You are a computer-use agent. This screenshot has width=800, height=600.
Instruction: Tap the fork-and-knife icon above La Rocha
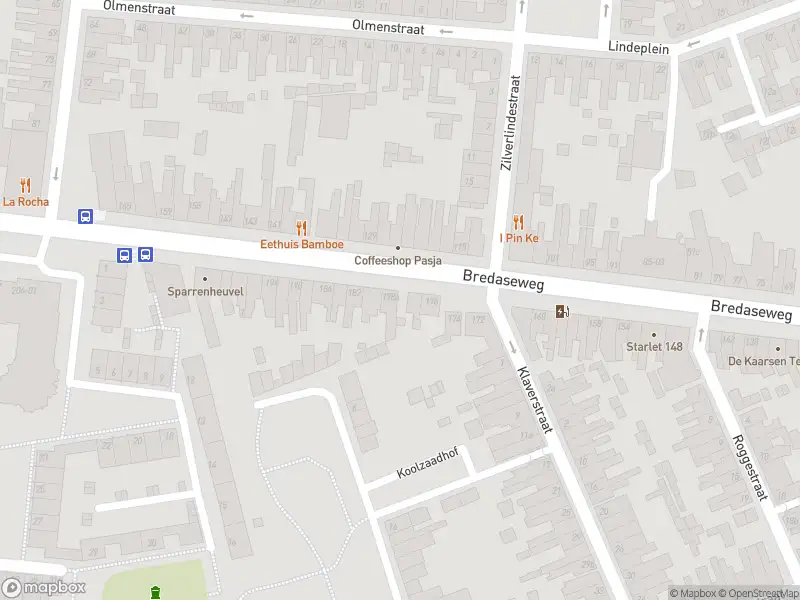[x=25, y=185]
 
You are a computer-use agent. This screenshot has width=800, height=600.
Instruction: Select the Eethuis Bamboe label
[x=302, y=244]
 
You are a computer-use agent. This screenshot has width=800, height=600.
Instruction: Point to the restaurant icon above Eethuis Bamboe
[x=302, y=228]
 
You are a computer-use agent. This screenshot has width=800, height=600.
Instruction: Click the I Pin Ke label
[x=519, y=238]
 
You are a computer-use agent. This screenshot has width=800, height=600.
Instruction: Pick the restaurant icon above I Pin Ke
[x=518, y=222]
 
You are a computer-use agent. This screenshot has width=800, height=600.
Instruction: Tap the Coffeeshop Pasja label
[x=398, y=260]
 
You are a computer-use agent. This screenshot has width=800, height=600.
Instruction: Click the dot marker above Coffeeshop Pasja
[x=398, y=248]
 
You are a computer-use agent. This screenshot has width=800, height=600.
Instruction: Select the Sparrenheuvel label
[x=204, y=292]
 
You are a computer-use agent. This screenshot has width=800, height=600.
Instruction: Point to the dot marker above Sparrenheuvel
[x=204, y=279]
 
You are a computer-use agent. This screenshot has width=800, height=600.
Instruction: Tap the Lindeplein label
[x=639, y=46]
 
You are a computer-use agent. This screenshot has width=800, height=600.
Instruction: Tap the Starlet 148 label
[x=654, y=347]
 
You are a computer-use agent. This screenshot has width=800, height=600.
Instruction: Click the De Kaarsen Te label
[x=763, y=361]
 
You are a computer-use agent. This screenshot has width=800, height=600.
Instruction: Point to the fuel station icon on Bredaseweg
[x=563, y=310]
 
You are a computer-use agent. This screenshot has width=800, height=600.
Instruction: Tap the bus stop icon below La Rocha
[x=86, y=215]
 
